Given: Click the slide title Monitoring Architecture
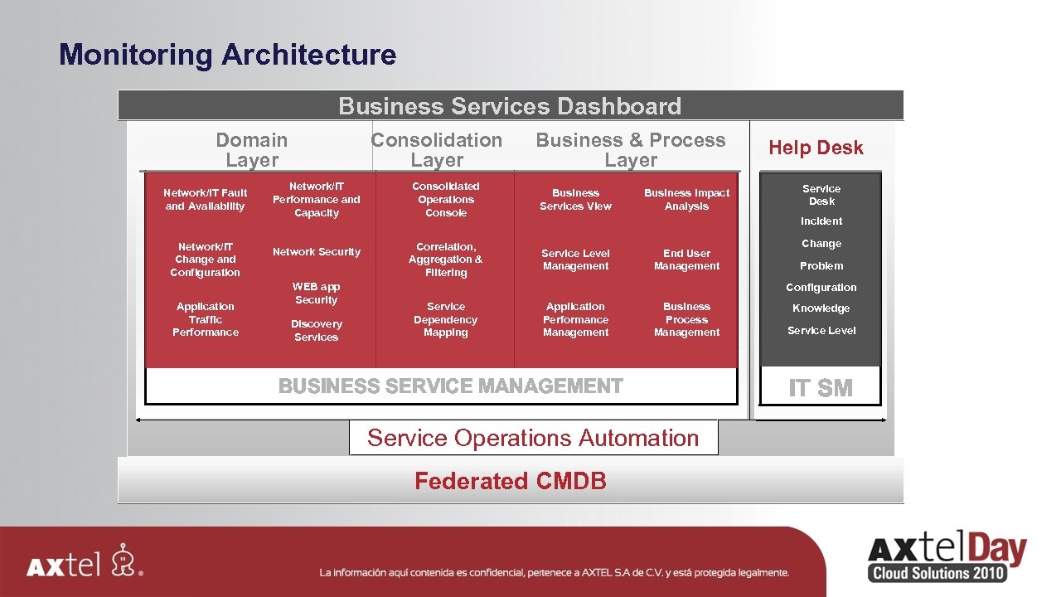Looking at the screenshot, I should click(x=228, y=55).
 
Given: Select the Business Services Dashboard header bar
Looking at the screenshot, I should click(x=510, y=106).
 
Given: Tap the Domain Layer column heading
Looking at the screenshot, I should click(x=252, y=150).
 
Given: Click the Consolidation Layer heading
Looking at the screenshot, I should click(x=437, y=150).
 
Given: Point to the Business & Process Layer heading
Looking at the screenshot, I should click(x=630, y=150).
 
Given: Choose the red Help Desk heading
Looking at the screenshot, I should click(x=816, y=148).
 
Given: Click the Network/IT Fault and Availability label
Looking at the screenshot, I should click(x=206, y=200).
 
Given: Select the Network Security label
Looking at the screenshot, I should click(x=317, y=252).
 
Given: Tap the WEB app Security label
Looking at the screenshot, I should click(x=317, y=294).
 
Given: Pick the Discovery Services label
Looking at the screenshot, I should click(x=317, y=331).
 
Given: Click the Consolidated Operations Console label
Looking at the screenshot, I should click(x=446, y=200).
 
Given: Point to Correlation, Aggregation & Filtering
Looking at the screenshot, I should click(x=446, y=260).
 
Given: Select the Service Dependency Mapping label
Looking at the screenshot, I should click(x=446, y=319).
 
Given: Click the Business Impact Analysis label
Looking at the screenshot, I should click(x=686, y=200).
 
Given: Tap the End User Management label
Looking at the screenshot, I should click(x=686, y=260).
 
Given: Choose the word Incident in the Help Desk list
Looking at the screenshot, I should click(x=821, y=221).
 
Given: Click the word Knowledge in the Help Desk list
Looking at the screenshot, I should click(x=821, y=308).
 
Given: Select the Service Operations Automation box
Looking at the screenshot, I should click(x=533, y=438).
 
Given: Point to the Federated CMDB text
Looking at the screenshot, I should click(x=511, y=481).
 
